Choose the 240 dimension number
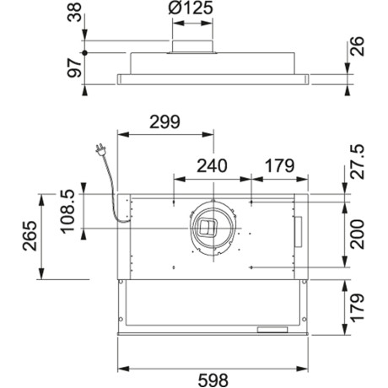tap(212, 165)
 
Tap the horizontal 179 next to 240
tap(279, 165)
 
